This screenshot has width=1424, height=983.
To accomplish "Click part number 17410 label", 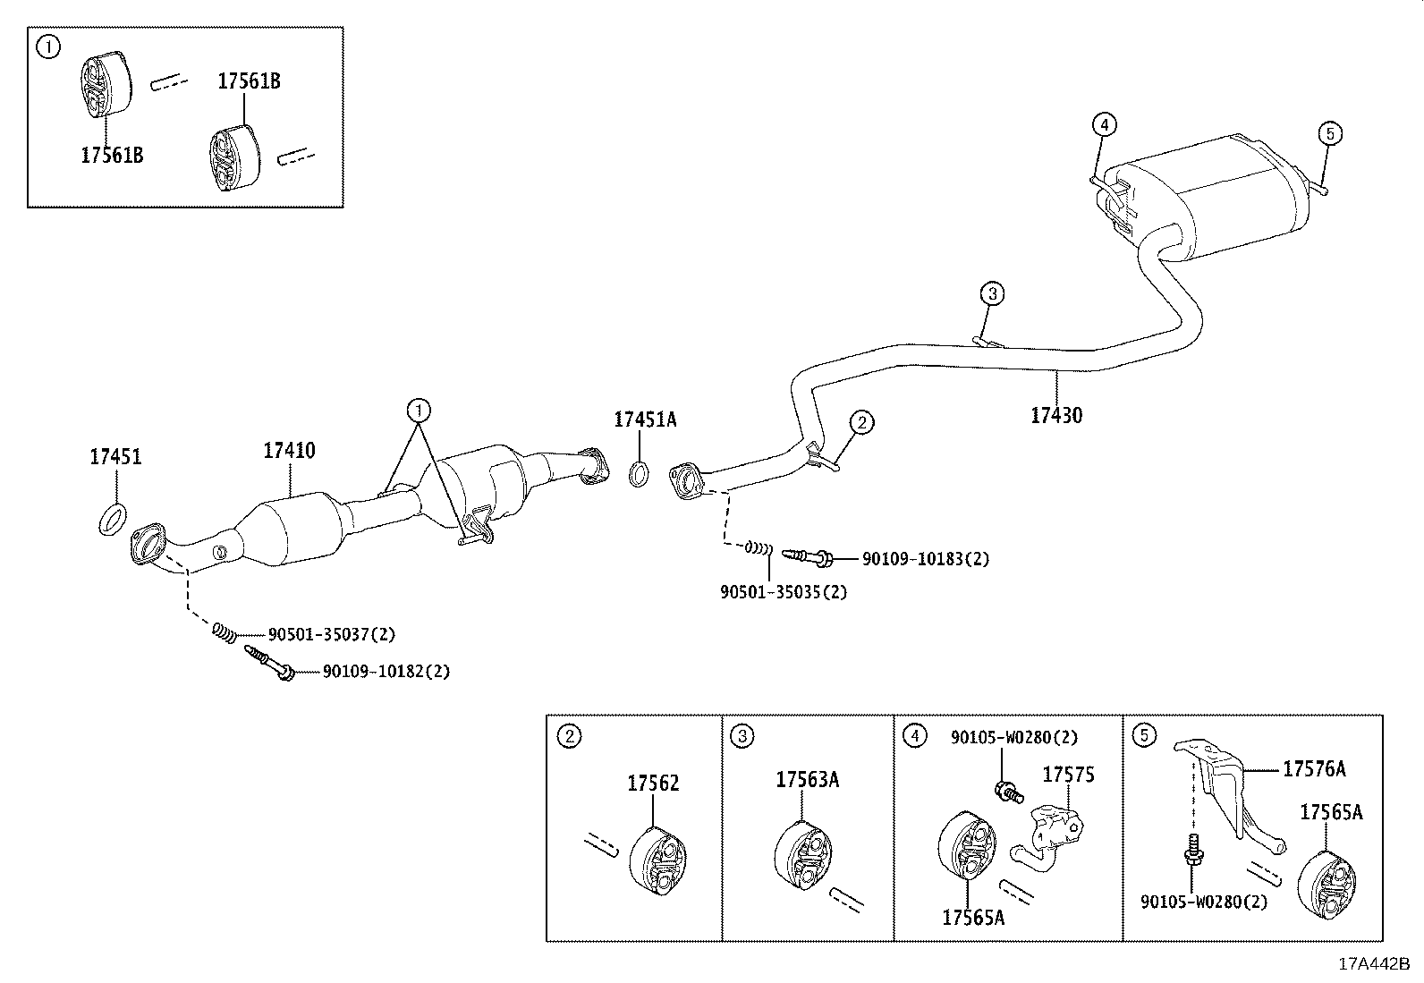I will [x=289, y=451].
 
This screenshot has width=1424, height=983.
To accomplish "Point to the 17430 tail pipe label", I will [x=1055, y=415].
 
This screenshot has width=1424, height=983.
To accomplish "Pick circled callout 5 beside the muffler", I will [x=1330, y=134].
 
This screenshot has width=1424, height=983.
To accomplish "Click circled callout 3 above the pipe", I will [x=991, y=292].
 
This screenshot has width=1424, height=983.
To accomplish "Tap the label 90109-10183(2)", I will [x=925, y=559].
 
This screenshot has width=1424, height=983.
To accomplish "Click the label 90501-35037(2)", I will [x=331, y=634].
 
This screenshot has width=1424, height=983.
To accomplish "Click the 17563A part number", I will [x=807, y=780].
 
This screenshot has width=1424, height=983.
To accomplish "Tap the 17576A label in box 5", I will [x=1313, y=768].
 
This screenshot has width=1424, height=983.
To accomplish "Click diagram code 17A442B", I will [x=1373, y=964].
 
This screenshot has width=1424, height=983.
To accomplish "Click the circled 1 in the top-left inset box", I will [x=48, y=47].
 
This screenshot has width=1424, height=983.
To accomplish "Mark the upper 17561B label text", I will [x=249, y=81].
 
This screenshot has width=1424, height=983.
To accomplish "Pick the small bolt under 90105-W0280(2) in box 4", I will [x=1005, y=790].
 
